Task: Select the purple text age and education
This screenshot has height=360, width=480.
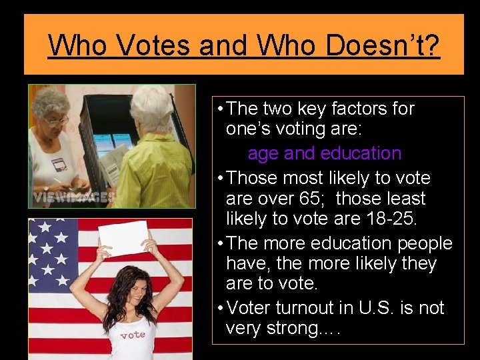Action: pyautogui.click(x=324, y=153)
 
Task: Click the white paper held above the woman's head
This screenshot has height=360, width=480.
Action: pyautogui.click(x=124, y=237)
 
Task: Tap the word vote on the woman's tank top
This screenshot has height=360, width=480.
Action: pyautogui.click(x=133, y=335)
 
